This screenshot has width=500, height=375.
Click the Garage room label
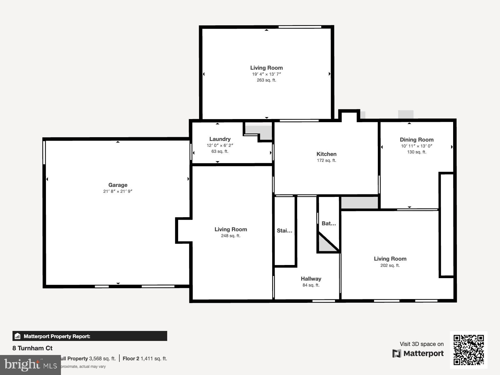tap(118, 185)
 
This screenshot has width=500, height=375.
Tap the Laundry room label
tap(220, 139)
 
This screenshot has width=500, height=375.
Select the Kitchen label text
tap(326, 154)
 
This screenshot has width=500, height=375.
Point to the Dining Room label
tap(417, 140)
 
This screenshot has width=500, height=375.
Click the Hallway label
tap(311, 279)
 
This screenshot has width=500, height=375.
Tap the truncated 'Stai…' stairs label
tap(284, 231)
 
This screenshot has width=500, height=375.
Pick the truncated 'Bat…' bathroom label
tap(329, 223)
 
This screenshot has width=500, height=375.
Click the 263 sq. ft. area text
tap(266, 80)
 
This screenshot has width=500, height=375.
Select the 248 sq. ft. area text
tap(231, 236)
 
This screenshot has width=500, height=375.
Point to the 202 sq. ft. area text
tap(390, 265)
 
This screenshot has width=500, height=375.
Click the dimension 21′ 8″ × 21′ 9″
tap(118, 191)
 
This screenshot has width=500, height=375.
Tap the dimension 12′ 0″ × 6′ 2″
tap(220, 145)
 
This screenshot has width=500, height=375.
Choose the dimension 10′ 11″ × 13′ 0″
tap(417, 146)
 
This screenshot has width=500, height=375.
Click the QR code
tap(468, 350)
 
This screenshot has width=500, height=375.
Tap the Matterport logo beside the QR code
tap(418, 353)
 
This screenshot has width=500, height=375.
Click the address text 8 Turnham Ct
tap(32, 348)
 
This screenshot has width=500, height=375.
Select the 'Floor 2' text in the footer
tap(131, 358)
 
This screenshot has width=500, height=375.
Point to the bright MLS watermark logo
tap(30, 365)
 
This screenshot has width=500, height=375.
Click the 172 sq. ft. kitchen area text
tap(326, 160)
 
